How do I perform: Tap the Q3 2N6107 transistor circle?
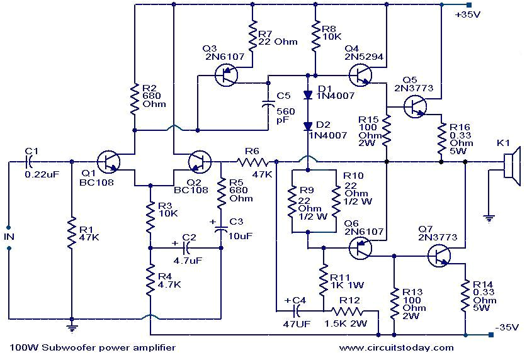click(x=225, y=76)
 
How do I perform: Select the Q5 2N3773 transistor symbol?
click(x=414, y=108)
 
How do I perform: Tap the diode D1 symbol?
click(x=308, y=96)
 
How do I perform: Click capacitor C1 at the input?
click(x=28, y=162)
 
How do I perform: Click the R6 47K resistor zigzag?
click(x=251, y=162)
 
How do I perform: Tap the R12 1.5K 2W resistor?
click(x=348, y=310)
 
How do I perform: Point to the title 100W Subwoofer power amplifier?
click(x=93, y=347)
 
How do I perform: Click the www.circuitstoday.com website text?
click(x=396, y=347)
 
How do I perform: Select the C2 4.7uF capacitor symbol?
click(x=185, y=247)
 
